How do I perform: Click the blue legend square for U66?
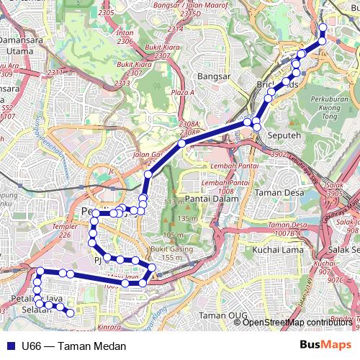click(10, 346)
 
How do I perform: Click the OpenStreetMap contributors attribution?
click(296, 322)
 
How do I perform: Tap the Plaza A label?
click(182, 93)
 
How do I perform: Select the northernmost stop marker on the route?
click(323, 28)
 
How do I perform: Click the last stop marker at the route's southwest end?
click(71, 312)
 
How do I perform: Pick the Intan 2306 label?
click(125, 37)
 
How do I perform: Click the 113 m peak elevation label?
click(170, 203)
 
